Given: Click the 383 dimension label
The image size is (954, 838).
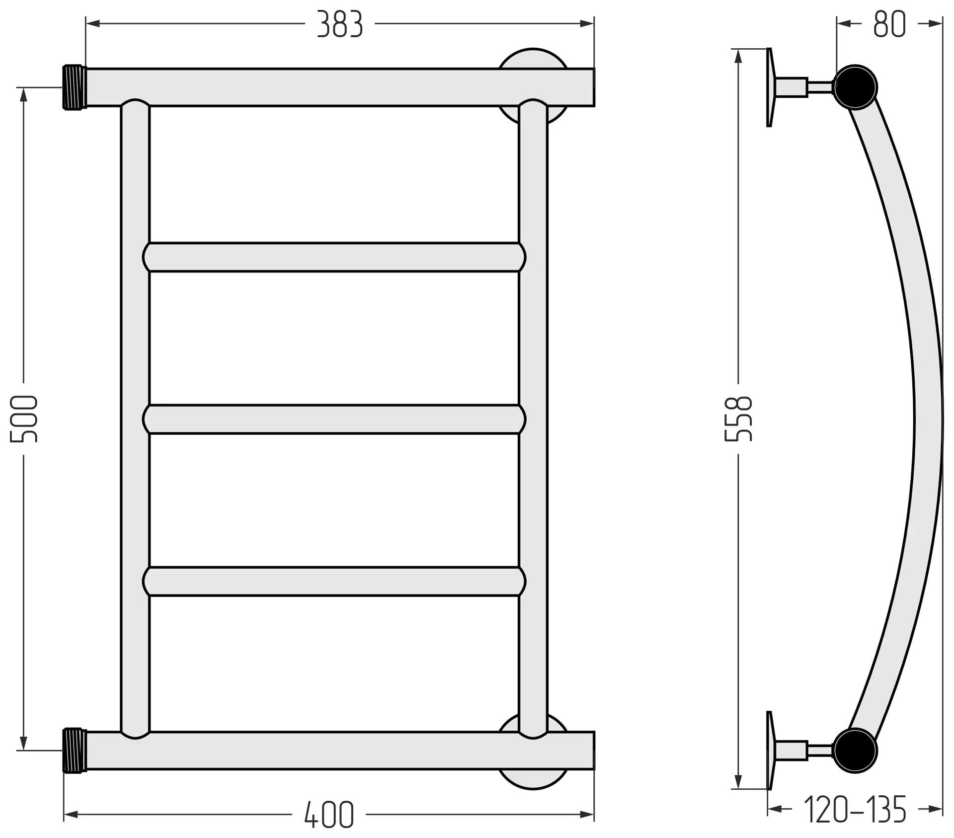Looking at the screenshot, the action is pos(340,24).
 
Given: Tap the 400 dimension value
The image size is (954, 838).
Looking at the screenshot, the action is pos(329,814).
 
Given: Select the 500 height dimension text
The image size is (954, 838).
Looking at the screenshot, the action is pos(24,419).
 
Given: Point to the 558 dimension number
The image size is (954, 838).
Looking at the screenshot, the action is pos(738,419).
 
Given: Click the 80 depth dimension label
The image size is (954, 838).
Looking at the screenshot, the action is pos(890,24).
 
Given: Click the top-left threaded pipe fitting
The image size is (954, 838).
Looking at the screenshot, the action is pos(75,87).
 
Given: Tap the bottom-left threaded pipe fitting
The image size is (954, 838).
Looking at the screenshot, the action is pos(75,751).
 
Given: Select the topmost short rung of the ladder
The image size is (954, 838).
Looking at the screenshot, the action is pos(334,257).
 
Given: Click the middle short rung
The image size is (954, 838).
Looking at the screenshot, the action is pos(334,419).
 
